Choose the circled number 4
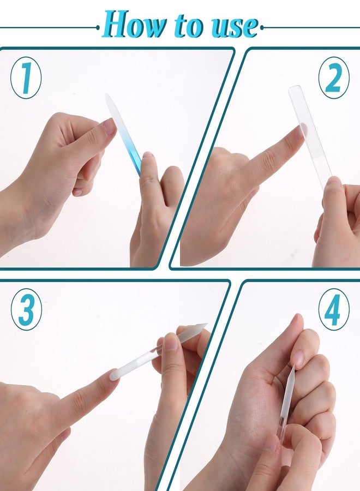(x=334, y=309)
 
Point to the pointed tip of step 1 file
(x=107, y=96)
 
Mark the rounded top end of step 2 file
(x=295, y=88)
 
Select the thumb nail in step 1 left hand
(x=110, y=127)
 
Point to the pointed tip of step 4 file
(x=293, y=368)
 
